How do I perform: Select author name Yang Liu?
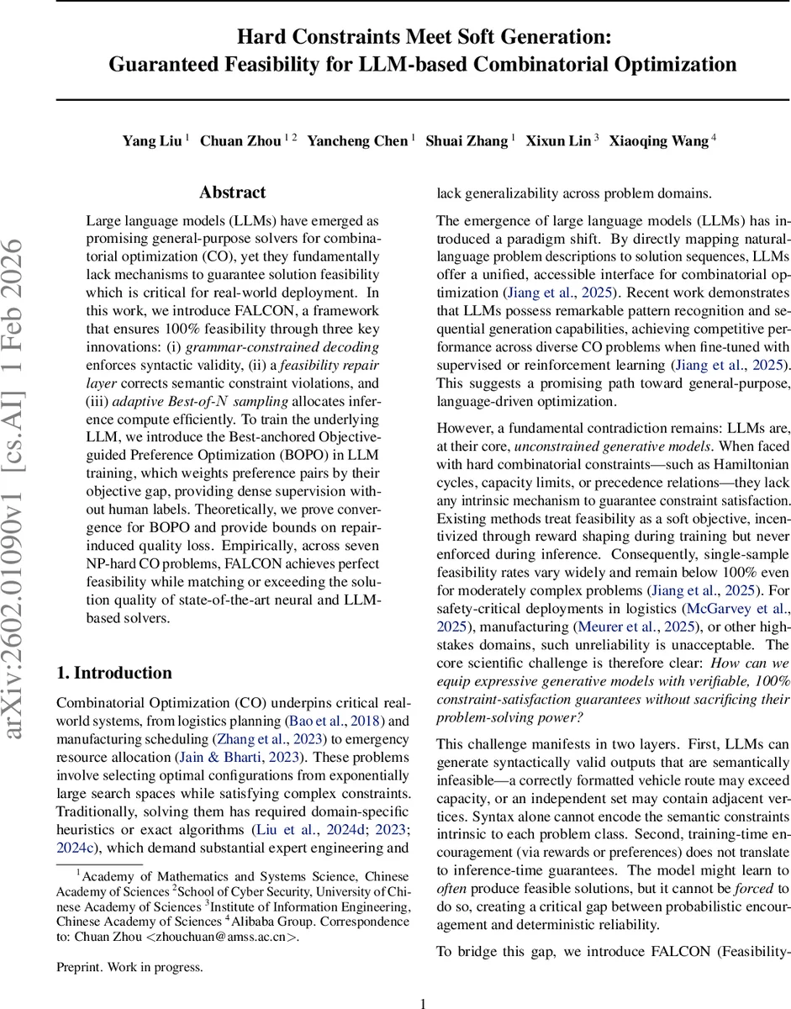point(152,141)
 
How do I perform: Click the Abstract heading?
point(233,193)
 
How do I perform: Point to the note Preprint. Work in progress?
point(129,967)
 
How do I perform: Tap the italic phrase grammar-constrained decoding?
point(282,346)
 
